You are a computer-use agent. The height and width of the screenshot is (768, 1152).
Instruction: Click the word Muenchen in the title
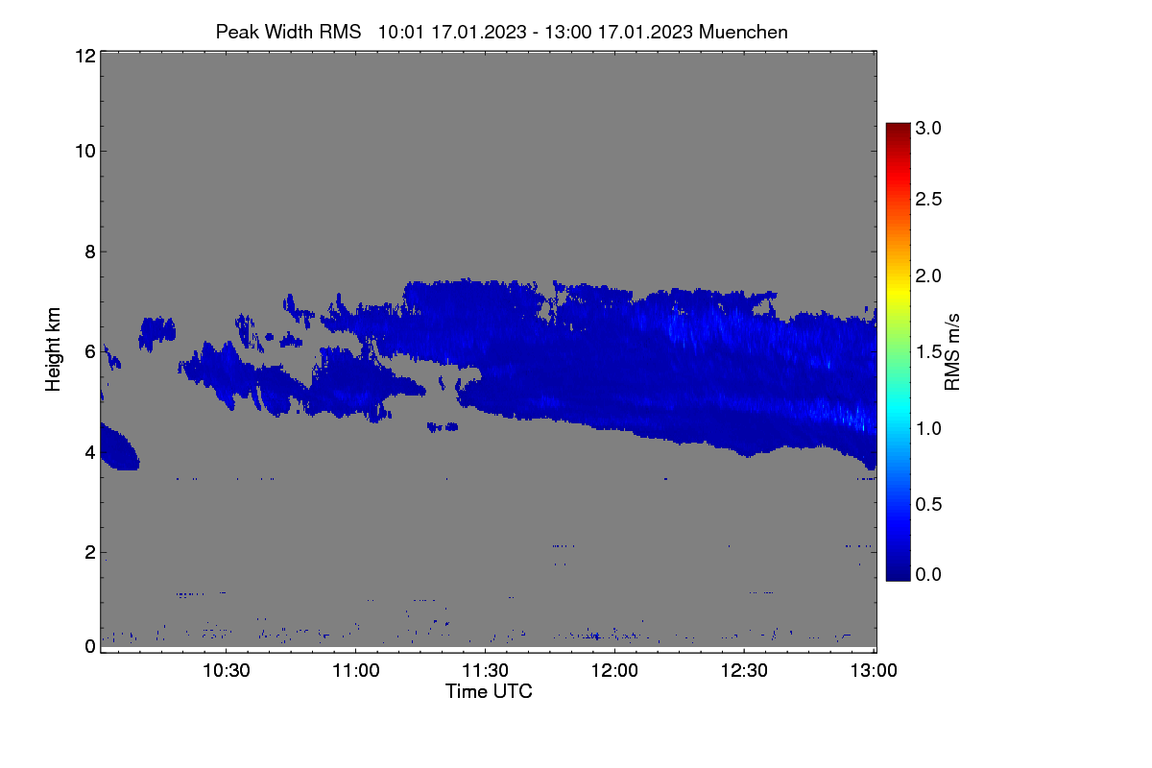click(743, 32)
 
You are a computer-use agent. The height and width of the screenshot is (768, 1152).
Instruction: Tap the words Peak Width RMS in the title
click(288, 32)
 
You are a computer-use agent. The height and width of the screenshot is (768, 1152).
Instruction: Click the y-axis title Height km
click(53, 349)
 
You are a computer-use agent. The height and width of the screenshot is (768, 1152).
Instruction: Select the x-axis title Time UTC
click(489, 691)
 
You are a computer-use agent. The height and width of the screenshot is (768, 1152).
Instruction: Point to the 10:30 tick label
click(227, 670)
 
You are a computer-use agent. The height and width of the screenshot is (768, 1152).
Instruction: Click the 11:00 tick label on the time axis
click(356, 670)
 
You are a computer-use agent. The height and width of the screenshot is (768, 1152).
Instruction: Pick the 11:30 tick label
click(485, 670)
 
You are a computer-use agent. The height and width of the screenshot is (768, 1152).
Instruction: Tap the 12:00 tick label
click(614, 670)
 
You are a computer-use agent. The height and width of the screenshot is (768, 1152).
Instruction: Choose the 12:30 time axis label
click(744, 670)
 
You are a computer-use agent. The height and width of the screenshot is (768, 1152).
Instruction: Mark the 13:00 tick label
click(874, 670)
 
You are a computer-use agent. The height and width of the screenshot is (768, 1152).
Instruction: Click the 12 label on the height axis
click(85, 56)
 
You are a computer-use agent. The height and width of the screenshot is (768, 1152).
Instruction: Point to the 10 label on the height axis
click(85, 152)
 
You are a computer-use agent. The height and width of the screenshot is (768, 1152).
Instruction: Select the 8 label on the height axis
click(90, 252)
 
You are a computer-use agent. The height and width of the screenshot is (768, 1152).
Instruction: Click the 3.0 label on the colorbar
click(928, 128)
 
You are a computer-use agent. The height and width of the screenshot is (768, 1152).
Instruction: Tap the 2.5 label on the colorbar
click(928, 199)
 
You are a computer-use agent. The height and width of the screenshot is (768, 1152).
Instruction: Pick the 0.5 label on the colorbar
click(928, 504)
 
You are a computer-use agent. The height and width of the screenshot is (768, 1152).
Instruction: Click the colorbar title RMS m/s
click(952, 352)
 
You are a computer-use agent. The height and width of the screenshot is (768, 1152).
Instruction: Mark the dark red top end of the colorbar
click(898, 125)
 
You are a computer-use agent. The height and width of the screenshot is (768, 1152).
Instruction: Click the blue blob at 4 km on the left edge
click(118, 448)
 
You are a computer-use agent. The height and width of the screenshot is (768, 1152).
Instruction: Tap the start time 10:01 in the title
click(401, 32)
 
